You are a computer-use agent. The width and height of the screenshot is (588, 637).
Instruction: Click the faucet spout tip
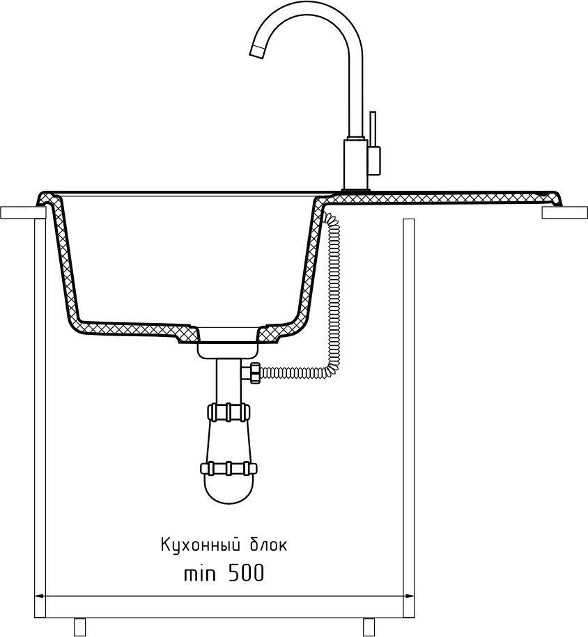tap(256, 52)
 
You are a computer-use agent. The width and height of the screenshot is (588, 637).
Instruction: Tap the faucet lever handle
tap(373, 130)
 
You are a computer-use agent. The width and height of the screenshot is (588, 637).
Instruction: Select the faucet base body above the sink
tap(356, 164)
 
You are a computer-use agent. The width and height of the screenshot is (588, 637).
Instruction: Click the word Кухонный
tap(200, 545)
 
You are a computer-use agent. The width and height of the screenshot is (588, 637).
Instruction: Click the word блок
tap(268, 545)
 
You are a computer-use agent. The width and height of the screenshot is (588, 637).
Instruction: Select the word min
tap(200, 574)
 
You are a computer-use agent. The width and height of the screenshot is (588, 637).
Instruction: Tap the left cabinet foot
tap(79, 627)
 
